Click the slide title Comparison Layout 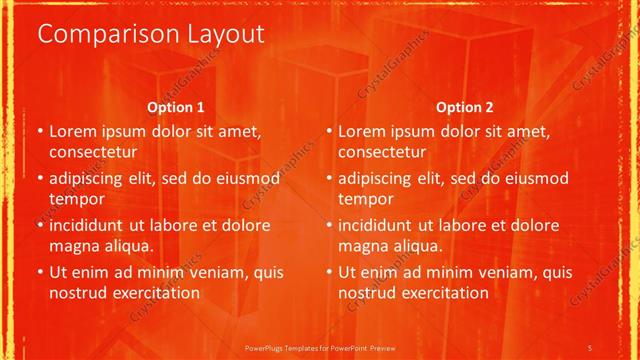pyautogui.click(x=151, y=34)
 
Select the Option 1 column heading pyautogui.click(x=176, y=107)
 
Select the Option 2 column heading pyautogui.click(x=465, y=107)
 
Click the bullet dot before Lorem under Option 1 pyautogui.click(x=39, y=132)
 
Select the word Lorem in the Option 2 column pyautogui.click(x=361, y=131)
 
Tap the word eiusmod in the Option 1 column pyautogui.click(x=241, y=179)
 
